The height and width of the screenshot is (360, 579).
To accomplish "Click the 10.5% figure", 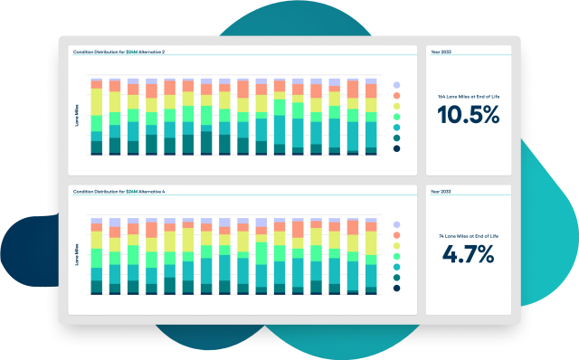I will point(468,115).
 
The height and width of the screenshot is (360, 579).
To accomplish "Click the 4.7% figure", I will point(468,254).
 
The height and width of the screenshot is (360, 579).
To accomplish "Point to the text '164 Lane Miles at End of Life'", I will point(468,96).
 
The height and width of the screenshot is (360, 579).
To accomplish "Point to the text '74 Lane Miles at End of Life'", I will point(468,236).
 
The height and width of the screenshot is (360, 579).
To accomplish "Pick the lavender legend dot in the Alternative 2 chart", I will point(396,84).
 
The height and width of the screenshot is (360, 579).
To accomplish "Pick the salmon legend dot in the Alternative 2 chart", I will point(396,97).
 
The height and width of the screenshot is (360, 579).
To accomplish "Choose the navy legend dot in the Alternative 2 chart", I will point(396,148).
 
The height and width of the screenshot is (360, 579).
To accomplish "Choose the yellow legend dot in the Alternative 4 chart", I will point(396,249).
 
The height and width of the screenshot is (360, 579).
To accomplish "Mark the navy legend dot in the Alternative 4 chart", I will point(396,288).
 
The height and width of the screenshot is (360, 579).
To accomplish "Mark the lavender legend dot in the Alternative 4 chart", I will point(396,223).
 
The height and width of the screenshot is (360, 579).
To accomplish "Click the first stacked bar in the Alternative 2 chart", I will point(96,117).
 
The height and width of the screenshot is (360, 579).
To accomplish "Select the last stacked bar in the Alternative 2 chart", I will point(371,117).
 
